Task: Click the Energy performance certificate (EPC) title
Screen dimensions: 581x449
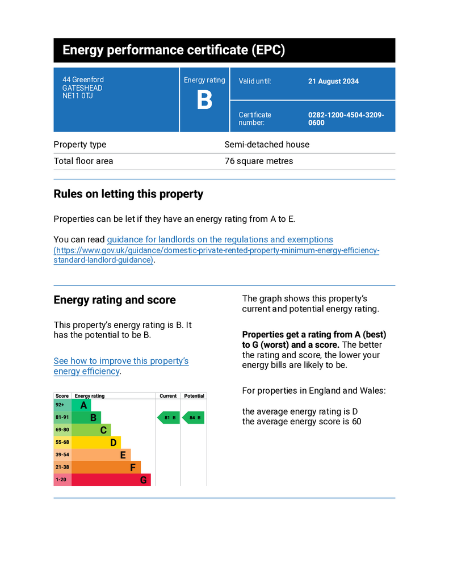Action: click(173, 50)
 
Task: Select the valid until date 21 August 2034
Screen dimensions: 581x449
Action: click(333, 81)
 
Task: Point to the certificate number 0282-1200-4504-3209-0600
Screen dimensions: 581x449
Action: click(346, 119)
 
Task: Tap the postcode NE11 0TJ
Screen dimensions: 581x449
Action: click(78, 96)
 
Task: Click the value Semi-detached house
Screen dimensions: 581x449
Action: click(267, 145)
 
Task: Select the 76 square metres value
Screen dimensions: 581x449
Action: click(259, 161)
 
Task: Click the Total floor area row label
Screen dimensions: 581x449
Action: click(83, 161)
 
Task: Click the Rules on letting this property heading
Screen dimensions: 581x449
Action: click(128, 194)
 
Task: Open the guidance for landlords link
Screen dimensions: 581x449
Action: click(220, 239)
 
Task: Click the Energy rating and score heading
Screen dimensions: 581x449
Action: click(115, 300)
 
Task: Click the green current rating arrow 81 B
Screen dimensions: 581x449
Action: click(169, 418)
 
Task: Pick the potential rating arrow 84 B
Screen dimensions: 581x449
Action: click(193, 418)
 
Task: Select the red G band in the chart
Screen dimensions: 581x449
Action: click(111, 480)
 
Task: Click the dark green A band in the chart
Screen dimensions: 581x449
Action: click(82, 406)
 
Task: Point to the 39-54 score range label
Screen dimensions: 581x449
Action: click(62, 455)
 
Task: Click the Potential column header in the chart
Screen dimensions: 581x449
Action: click(194, 396)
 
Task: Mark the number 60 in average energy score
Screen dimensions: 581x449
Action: click(356, 422)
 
